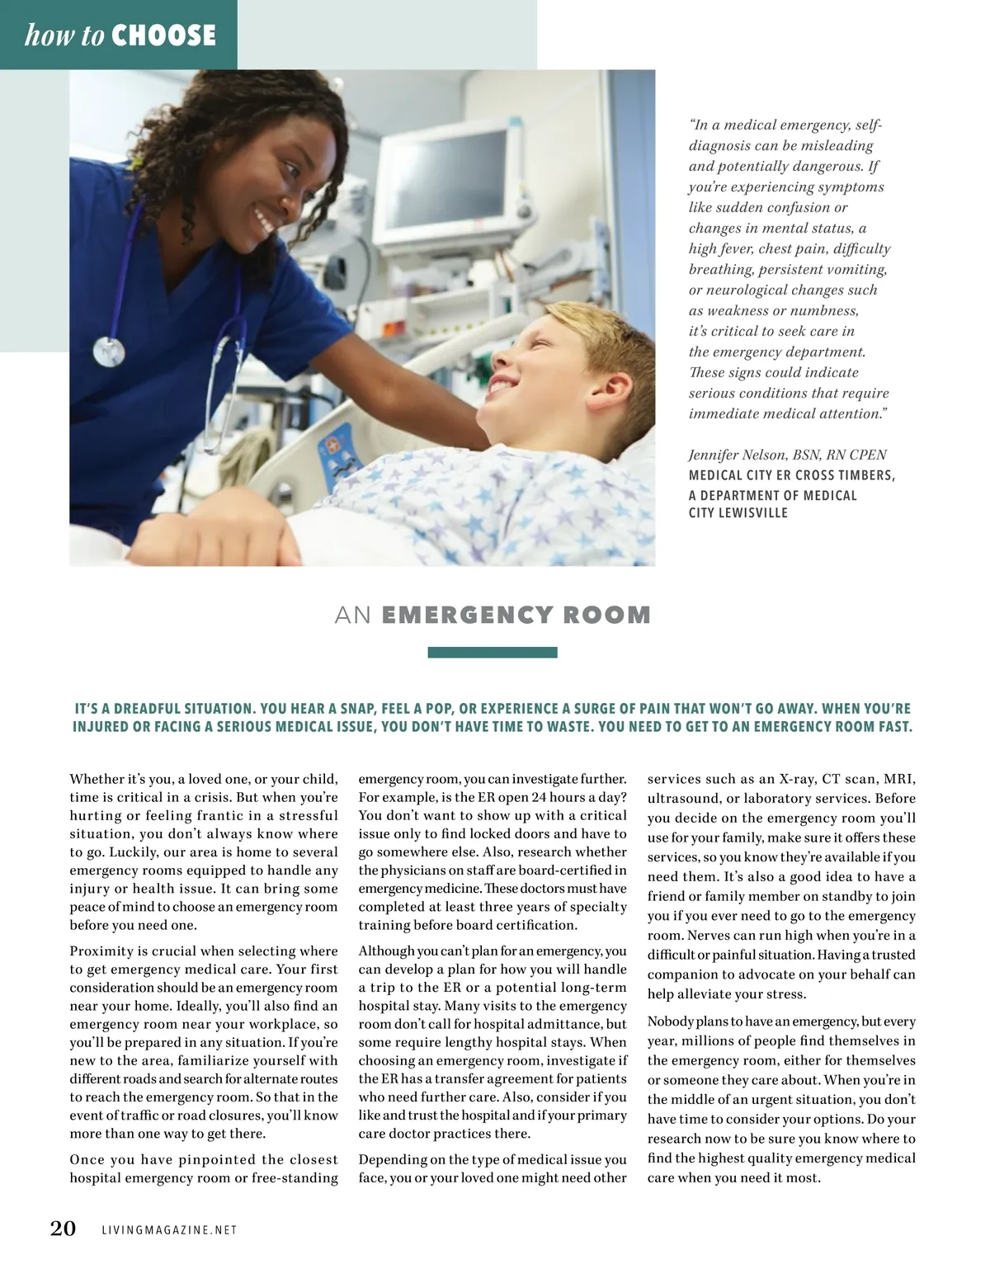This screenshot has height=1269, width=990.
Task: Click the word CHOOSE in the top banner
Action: click(x=163, y=35)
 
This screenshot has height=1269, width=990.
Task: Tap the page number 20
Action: click(x=64, y=1229)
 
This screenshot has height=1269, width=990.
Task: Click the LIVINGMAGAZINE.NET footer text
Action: click(x=169, y=1230)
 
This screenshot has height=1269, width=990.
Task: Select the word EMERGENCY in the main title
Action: click(x=468, y=616)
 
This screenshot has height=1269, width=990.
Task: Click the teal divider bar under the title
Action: click(x=493, y=653)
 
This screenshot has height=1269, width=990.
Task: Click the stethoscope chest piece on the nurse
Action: click(x=108, y=350)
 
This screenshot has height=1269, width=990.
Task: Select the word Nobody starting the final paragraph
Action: click(x=670, y=1021)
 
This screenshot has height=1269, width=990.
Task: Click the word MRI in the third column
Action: click(x=899, y=779)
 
